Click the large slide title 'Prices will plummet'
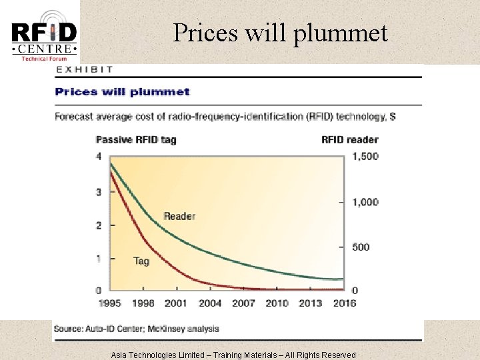click(280, 32)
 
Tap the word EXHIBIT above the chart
click(85, 69)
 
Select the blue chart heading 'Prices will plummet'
click(122, 92)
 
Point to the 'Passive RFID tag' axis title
click(136, 140)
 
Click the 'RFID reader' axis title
click(349, 140)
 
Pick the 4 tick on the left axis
click(99, 157)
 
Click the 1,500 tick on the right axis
click(365, 157)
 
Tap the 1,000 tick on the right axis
click(365, 202)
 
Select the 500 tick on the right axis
click(360, 247)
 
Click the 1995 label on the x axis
click(109, 303)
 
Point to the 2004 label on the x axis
click(210, 303)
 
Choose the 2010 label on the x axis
click(277, 303)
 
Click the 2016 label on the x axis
click(344, 303)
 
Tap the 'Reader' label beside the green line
click(179, 216)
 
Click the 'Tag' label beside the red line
click(141, 261)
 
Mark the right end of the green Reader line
click(343, 279)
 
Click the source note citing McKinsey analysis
click(137, 329)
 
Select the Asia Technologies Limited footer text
click(233, 355)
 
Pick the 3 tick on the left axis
click(99, 192)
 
